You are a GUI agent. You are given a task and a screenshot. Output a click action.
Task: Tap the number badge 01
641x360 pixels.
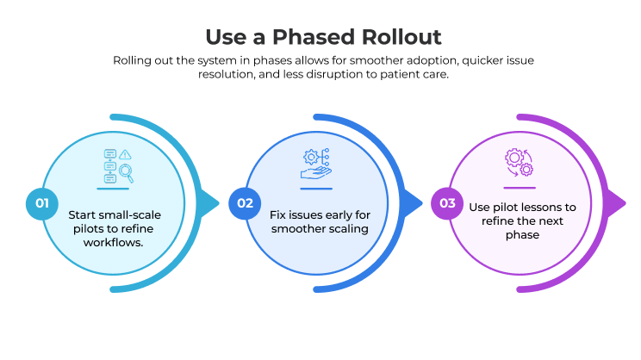tap(39, 204)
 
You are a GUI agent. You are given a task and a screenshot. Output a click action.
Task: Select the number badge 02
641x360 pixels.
tap(245, 204)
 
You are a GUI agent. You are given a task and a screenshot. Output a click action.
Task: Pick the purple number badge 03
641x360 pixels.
tap(447, 204)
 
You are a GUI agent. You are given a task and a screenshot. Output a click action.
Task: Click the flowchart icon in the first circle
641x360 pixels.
tap(113, 165)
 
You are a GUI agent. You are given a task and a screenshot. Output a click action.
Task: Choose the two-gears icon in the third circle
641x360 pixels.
tap(520, 163)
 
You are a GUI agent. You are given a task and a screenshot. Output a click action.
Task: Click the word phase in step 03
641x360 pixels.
tap(523, 234)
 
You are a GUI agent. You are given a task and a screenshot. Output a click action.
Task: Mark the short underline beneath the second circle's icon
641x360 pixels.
tap(315, 188)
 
